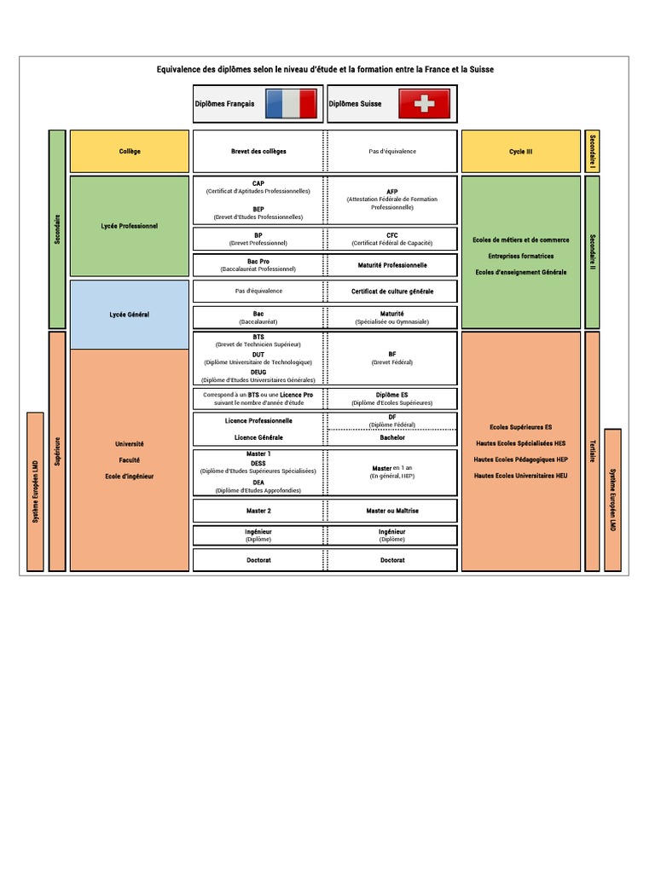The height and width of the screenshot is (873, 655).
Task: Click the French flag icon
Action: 291,104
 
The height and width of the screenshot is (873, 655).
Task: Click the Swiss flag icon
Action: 423,104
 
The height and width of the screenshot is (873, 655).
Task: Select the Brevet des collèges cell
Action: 258,152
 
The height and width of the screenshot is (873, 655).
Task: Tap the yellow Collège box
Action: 130,152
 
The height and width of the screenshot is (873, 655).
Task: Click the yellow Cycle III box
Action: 520,152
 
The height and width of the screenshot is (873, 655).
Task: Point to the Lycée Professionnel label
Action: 130,227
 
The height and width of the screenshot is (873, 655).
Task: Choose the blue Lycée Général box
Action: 130,315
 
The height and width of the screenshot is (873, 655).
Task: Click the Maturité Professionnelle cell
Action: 392,265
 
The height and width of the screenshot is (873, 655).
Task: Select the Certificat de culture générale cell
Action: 392,292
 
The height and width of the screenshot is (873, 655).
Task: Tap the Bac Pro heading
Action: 258,262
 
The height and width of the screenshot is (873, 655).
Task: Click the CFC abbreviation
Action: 392,235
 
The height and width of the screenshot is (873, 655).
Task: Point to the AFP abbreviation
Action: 392,192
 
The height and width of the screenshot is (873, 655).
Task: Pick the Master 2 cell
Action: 258,511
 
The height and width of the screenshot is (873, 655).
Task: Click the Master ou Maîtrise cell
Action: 392,511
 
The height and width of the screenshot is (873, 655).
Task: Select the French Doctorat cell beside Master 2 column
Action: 258,560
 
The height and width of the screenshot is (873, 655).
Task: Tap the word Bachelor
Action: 392,437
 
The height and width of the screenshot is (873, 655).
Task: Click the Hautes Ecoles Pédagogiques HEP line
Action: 520,460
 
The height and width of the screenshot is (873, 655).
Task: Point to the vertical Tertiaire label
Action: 592,450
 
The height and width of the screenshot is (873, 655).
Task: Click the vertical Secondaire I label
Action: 592,152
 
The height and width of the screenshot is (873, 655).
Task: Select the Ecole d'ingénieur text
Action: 130,476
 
